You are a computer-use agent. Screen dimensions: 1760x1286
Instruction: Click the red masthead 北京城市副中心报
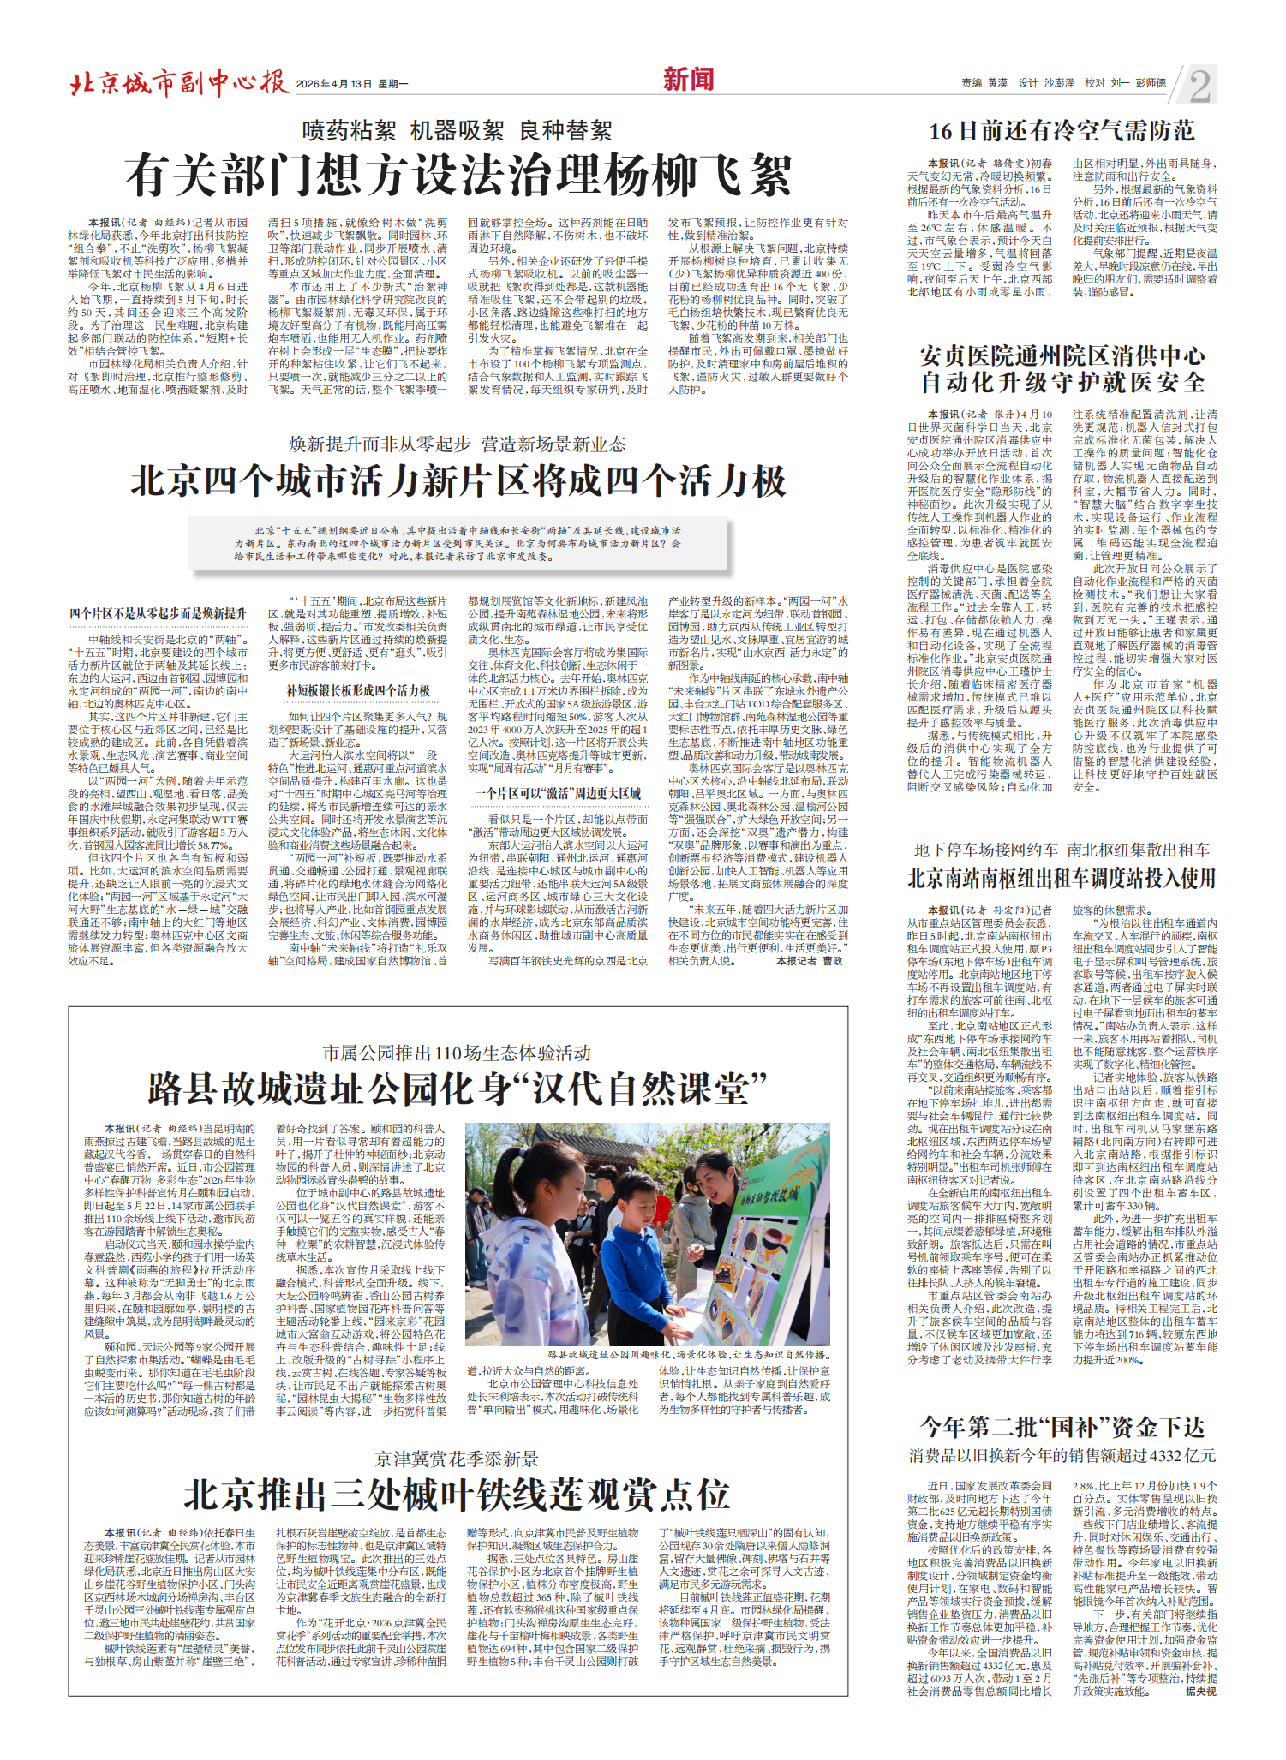[x=178, y=82]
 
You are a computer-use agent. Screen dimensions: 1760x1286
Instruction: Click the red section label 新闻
[x=688, y=80]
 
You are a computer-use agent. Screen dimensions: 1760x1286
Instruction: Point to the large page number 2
[x=1199, y=86]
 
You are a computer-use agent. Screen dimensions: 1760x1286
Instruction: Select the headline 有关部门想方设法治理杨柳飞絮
[x=458, y=176]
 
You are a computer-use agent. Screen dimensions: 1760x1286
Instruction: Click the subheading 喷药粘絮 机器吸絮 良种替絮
[x=458, y=131]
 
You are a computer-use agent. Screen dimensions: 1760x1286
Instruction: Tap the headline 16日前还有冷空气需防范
[x=1062, y=131]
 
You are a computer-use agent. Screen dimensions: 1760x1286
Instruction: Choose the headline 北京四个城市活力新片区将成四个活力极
[x=458, y=481]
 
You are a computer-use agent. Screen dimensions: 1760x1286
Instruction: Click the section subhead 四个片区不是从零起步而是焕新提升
[x=159, y=614]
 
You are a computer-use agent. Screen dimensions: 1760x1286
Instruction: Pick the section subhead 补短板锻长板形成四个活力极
[x=358, y=690]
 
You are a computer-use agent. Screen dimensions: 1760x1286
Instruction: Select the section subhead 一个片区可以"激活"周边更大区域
[x=559, y=794]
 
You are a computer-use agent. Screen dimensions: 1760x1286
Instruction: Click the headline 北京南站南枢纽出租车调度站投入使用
[x=1062, y=879]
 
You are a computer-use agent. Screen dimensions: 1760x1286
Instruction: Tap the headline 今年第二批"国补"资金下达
[x=1062, y=1427]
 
